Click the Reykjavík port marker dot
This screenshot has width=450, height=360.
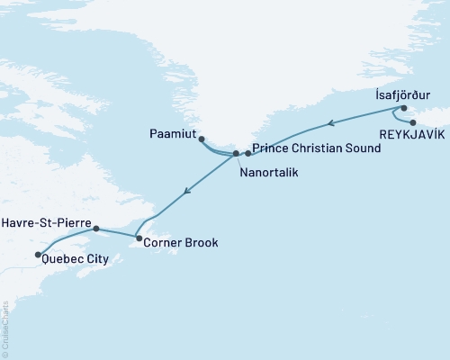(413, 122)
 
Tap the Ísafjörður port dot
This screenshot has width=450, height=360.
(404, 108)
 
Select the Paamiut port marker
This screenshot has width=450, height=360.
(202, 139)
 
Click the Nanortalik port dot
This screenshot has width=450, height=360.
(237, 154)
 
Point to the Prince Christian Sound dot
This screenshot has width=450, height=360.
(247, 154)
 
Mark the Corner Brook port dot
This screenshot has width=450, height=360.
(139, 238)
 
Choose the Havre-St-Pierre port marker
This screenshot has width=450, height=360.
(96, 229)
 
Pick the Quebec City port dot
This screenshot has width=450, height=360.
(37, 255)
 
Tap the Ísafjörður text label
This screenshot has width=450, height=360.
(403, 93)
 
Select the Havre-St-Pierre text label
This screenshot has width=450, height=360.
(44, 221)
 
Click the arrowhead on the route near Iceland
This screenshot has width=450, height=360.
(331, 124)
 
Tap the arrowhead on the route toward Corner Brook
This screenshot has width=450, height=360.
(187, 191)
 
